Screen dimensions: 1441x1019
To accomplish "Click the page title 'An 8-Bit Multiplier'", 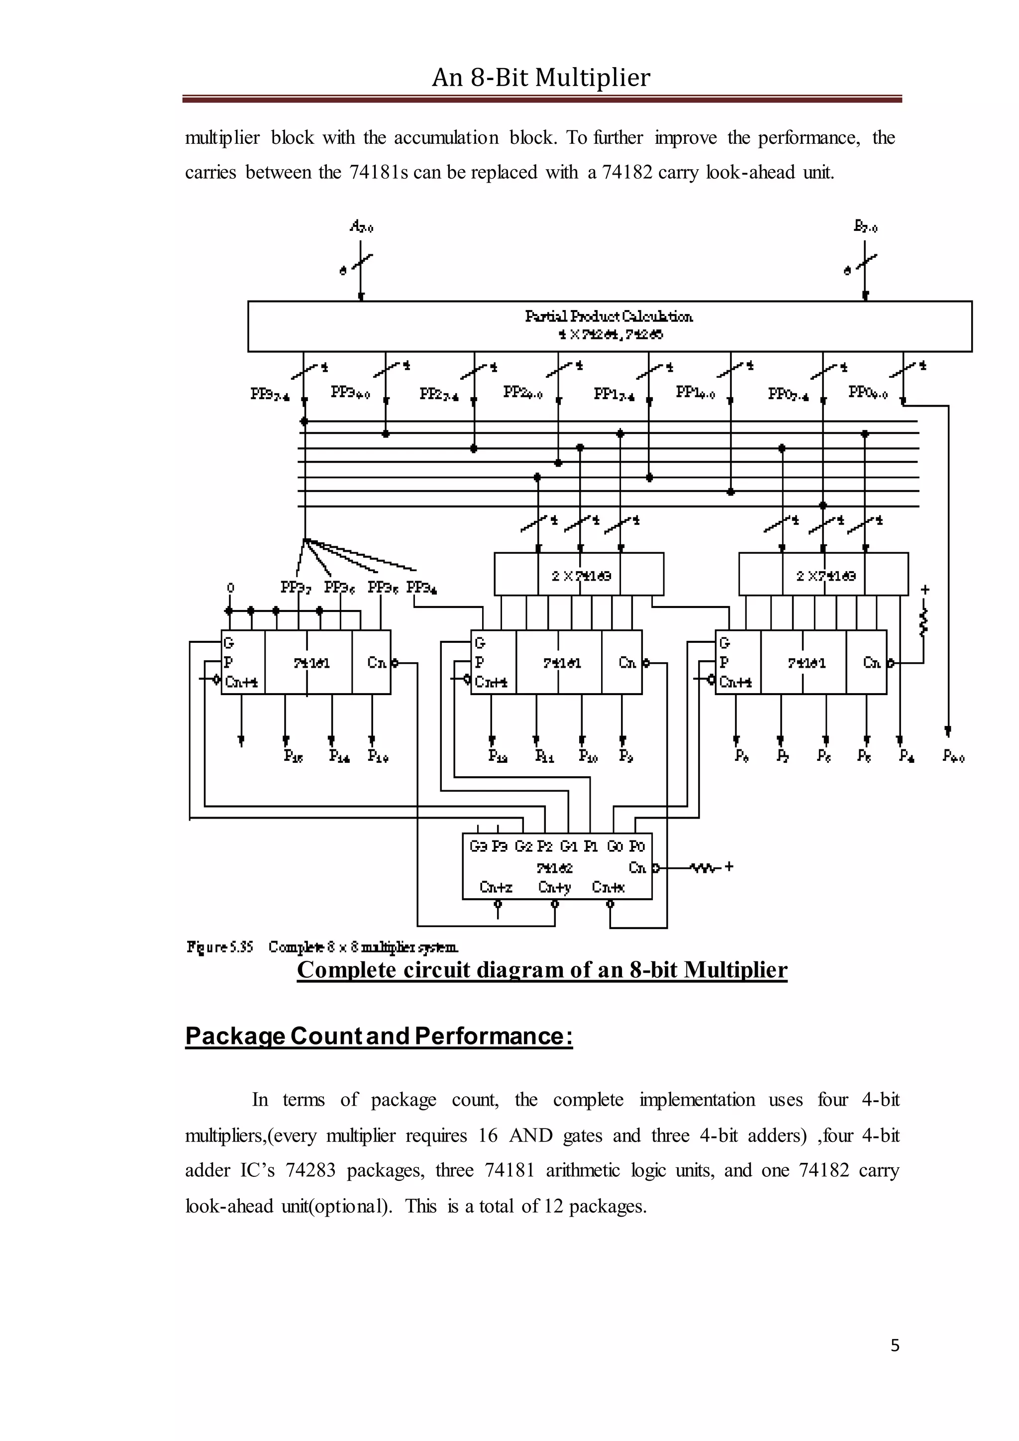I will (x=541, y=78).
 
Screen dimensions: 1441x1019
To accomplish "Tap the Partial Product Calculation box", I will (x=610, y=326).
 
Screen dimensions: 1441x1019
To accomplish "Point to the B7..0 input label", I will (x=866, y=226).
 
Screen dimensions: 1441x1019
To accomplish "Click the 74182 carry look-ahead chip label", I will (x=555, y=868).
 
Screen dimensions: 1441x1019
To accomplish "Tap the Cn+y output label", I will (x=555, y=887).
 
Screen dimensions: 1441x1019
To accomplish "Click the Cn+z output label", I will (x=496, y=887).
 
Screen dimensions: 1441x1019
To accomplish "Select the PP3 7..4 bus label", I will (x=270, y=394).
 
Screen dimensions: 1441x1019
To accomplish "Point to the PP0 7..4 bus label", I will (x=788, y=394).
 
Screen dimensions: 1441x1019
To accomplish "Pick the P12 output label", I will (x=498, y=756).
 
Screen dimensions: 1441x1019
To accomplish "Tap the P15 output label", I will (x=293, y=756).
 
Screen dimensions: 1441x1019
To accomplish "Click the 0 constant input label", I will (x=230, y=588).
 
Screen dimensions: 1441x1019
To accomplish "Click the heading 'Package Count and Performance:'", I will (x=379, y=1035).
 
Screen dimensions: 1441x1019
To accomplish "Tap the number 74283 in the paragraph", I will (x=310, y=1170).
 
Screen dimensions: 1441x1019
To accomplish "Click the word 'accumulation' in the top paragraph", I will (x=446, y=137).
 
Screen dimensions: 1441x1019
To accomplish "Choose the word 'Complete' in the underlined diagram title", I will (x=347, y=970).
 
